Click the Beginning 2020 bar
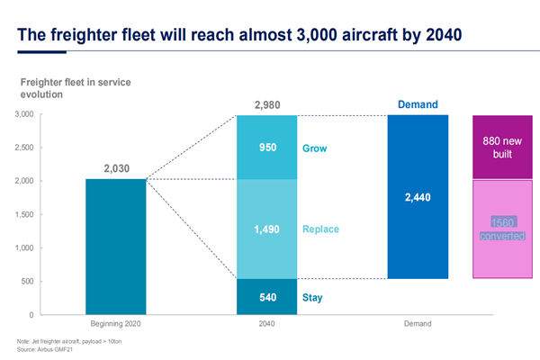(x=116, y=247)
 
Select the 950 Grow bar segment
(x=267, y=147)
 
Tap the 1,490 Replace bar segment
(x=267, y=229)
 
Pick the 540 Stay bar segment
(x=267, y=296)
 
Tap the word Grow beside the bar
(x=315, y=147)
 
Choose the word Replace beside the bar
(x=321, y=229)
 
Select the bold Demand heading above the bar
(x=418, y=105)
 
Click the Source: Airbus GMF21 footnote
(x=42, y=349)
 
